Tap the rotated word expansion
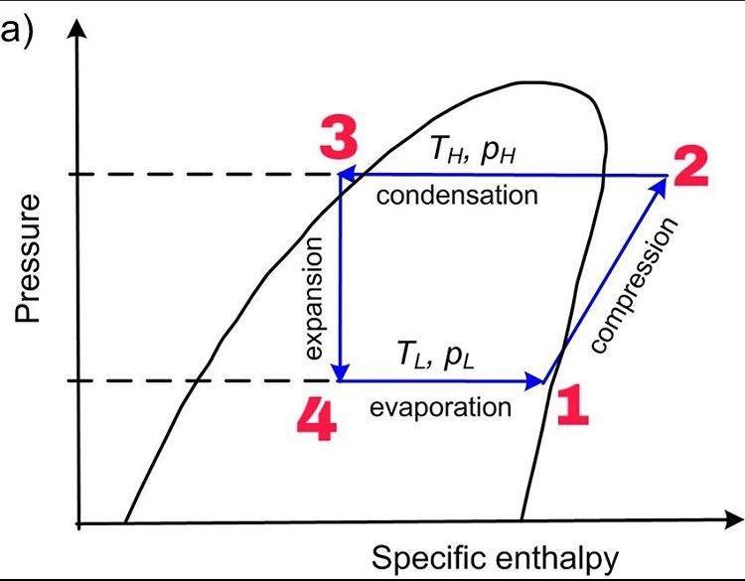pos(316,297)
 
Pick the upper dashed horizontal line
pos(199,175)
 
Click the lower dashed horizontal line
pos(199,380)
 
